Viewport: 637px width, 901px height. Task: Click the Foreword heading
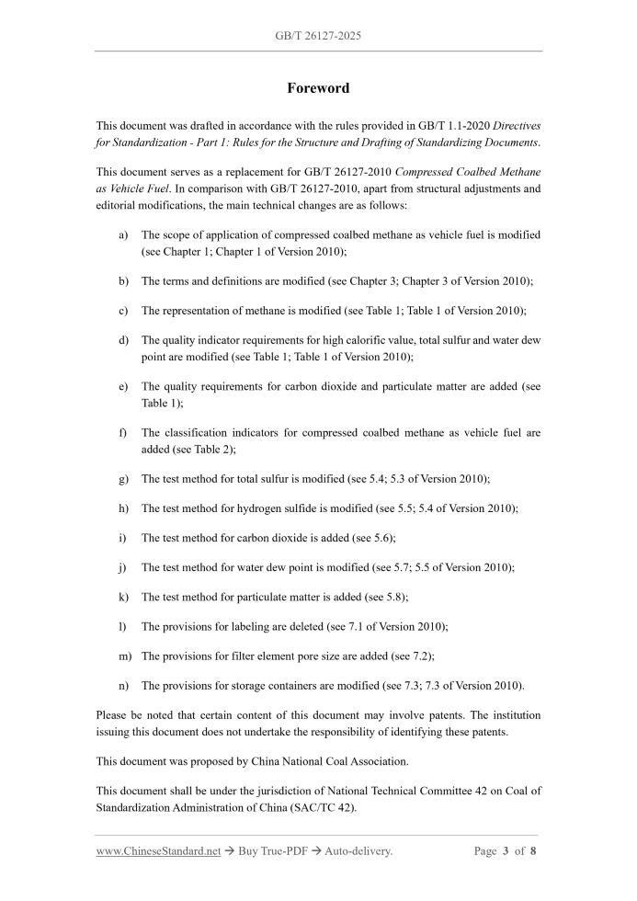tap(318, 88)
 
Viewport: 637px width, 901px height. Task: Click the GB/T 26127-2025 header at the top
tap(318, 36)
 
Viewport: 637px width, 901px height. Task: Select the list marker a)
tap(124, 235)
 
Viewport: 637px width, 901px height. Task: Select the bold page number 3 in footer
tap(506, 851)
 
